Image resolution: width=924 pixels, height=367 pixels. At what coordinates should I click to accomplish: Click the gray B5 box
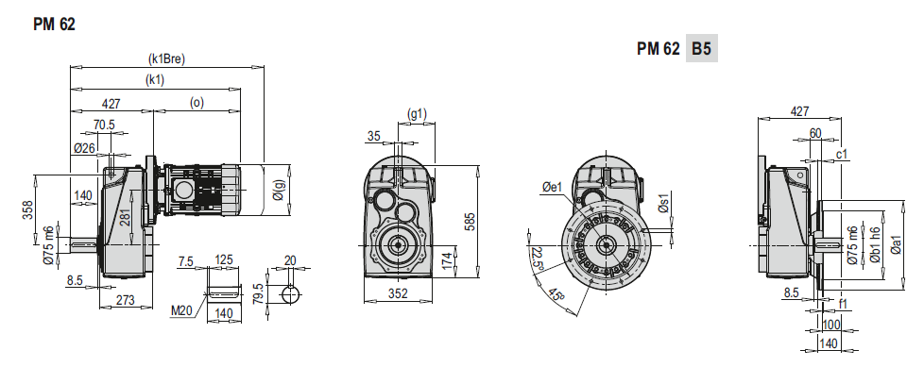tap(701, 49)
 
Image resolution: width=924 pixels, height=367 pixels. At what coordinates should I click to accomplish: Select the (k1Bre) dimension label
tap(167, 58)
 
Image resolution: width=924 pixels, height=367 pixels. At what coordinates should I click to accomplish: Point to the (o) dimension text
tap(197, 102)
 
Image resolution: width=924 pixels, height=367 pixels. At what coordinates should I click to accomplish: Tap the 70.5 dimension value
tap(104, 125)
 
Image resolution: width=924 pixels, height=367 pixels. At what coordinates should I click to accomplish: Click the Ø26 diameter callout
tap(85, 148)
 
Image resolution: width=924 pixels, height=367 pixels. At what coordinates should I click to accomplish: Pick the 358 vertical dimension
tap(27, 210)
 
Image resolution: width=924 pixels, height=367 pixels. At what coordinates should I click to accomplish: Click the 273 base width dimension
tap(125, 300)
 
